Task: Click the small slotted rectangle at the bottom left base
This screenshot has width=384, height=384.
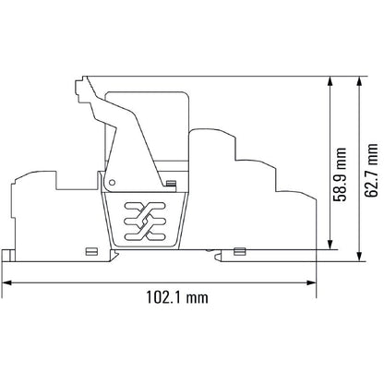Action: pos(90,250)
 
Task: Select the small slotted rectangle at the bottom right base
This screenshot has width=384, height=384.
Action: pos(239,250)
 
